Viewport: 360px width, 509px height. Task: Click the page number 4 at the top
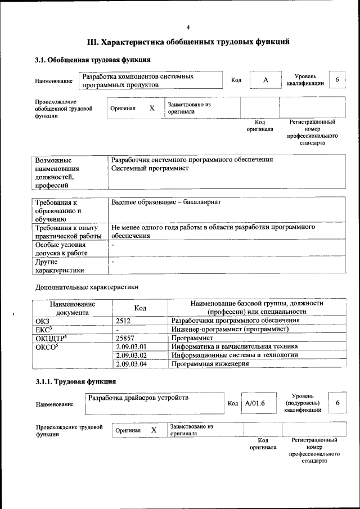click(188, 27)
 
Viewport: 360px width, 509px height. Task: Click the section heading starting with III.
click(188, 42)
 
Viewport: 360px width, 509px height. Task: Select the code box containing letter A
click(265, 80)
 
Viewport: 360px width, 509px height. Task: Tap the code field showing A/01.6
click(255, 403)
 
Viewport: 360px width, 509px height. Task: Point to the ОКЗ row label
click(42, 321)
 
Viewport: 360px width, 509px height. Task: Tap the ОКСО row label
click(48, 346)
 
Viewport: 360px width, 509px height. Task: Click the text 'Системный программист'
click(150, 169)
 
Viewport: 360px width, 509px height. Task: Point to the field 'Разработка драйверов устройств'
click(138, 398)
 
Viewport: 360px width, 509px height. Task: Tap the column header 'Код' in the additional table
click(140, 308)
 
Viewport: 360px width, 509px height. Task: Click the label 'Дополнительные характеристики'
click(86, 287)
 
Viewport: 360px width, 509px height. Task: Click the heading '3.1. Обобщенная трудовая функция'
click(89, 60)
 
